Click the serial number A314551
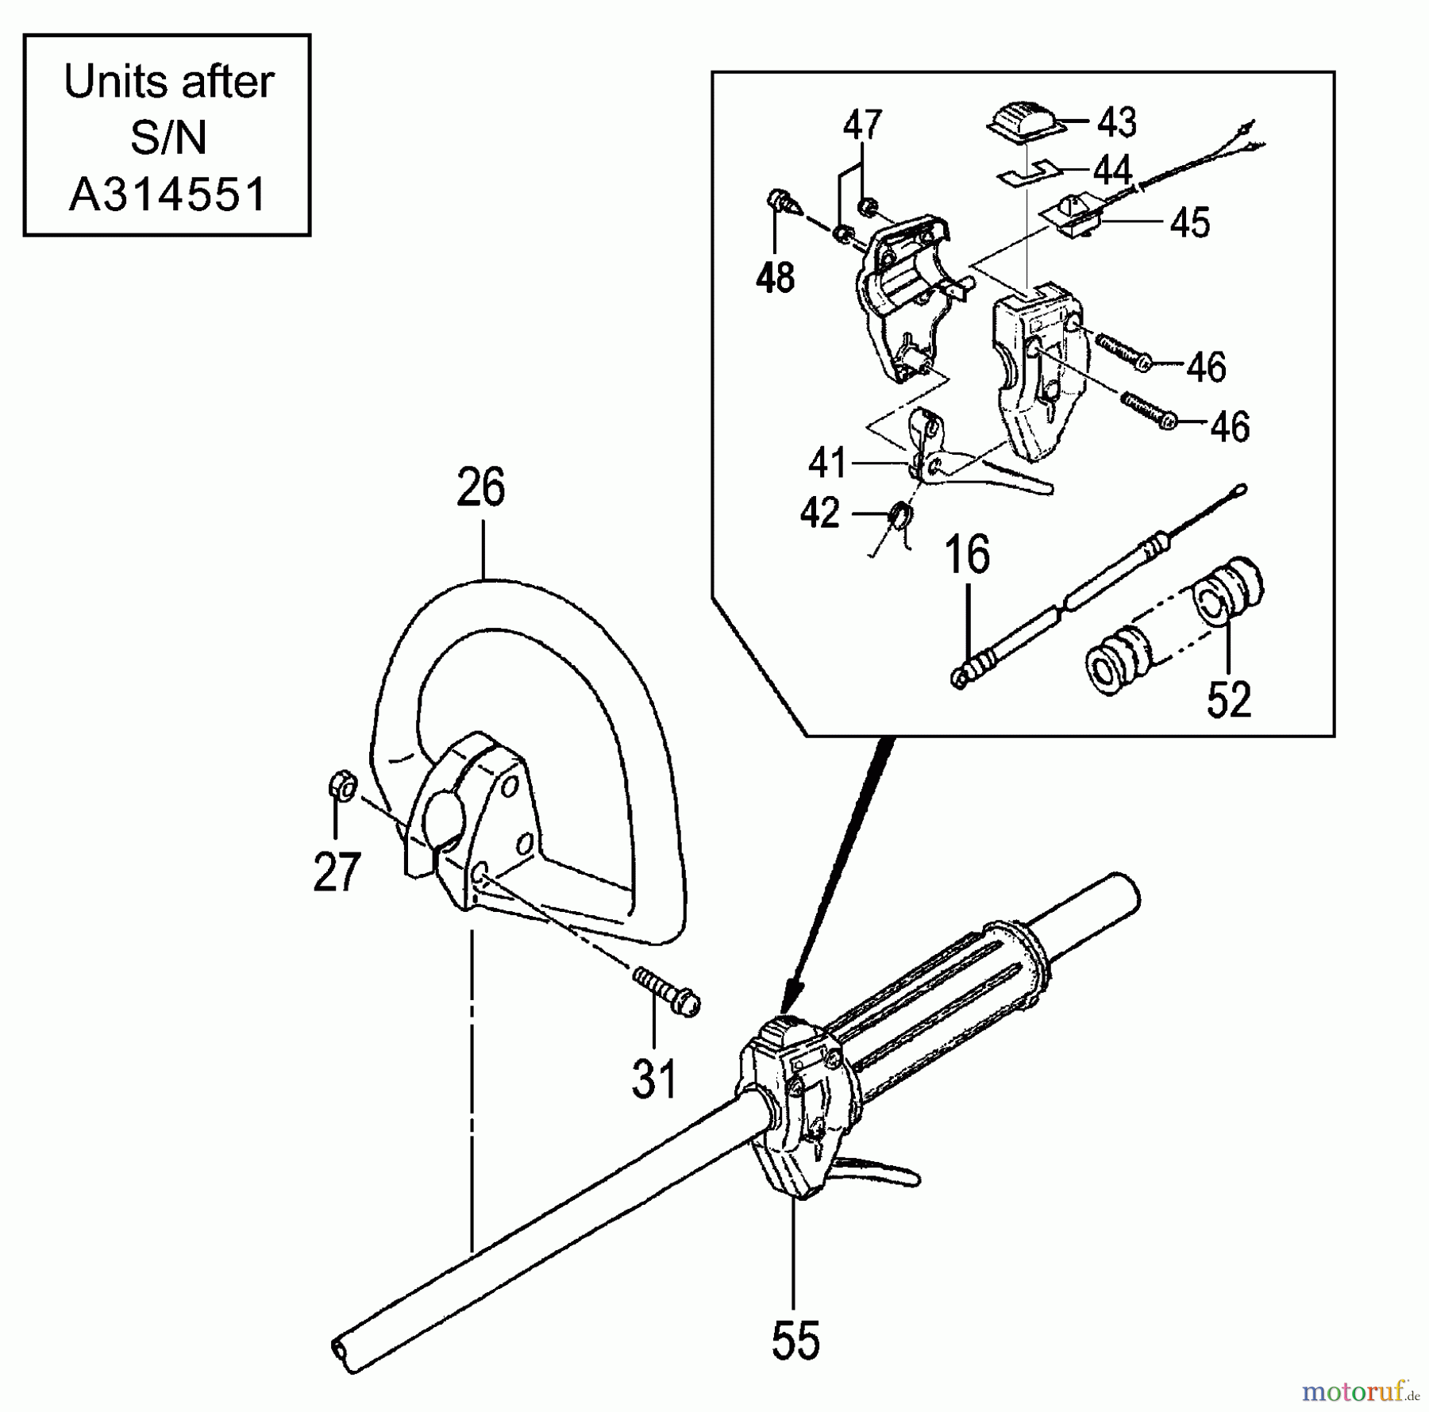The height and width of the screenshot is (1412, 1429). (168, 194)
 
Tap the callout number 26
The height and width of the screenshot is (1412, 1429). (481, 488)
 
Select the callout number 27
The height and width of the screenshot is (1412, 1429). (337, 872)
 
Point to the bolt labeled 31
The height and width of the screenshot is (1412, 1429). (667, 992)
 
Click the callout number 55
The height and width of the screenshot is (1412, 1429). (795, 1341)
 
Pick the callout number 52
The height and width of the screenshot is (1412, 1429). (1228, 699)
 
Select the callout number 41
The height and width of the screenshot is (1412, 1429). (827, 463)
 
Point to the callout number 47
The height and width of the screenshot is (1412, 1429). (862, 125)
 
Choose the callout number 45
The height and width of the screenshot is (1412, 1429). (1189, 223)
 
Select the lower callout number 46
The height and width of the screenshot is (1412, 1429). (1230, 427)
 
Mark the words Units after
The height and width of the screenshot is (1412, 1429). (168, 82)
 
